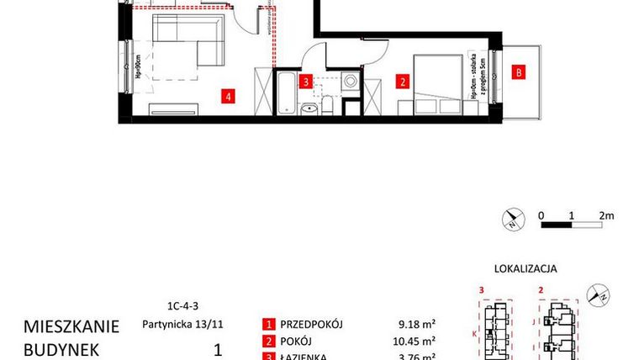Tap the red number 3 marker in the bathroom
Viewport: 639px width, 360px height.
click(308, 82)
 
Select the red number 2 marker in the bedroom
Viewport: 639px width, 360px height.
click(404, 82)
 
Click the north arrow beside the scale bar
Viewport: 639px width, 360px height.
click(512, 220)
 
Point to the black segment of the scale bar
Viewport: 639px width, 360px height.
click(557, 225)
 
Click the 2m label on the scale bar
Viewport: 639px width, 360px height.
click(606, 214)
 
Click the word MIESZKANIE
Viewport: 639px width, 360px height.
click(71, 326)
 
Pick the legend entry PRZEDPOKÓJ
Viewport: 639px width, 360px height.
click(315, 325)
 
